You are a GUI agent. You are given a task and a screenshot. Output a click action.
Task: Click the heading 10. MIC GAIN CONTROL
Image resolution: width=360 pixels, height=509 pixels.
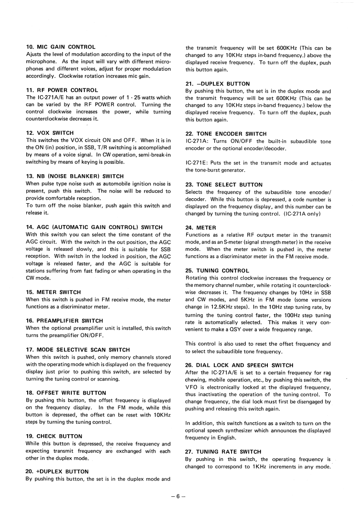click(x=61, y=47)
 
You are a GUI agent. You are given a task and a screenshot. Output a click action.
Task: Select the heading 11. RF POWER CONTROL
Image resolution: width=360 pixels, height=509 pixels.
click(x=62, y=90)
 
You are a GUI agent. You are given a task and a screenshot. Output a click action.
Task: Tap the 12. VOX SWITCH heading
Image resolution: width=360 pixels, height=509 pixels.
click(x=49, y=133)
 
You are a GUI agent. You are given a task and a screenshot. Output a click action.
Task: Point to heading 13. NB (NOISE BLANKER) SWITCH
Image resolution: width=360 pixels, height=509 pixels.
click(x=74, y=176)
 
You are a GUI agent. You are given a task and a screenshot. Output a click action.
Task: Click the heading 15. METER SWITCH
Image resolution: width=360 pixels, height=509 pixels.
click(x=54, y=292)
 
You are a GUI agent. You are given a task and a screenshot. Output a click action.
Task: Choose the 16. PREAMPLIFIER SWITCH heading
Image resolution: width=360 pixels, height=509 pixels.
click(x=64, y=321)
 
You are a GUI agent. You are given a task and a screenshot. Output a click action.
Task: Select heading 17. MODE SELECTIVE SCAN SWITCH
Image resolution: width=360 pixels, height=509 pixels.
click(x=78, y=349)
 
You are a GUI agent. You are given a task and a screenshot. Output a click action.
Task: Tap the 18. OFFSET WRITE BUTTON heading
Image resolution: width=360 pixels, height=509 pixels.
click(x=66, y=392)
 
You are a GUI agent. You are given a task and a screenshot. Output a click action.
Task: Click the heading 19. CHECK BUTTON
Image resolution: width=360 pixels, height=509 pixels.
click(x=54, y=436)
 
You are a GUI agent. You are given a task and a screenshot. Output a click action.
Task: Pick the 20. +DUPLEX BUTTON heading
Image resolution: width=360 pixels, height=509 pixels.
click(x=57, y=471)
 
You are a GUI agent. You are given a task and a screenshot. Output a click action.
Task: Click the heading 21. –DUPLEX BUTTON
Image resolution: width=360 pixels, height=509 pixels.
click(x=217, y=83)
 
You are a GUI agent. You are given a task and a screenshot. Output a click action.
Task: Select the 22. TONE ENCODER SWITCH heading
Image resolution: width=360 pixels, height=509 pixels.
click(x=226, y=134)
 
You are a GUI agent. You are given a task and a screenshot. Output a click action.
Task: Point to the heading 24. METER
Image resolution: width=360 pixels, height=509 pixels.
click(x=201, y=227)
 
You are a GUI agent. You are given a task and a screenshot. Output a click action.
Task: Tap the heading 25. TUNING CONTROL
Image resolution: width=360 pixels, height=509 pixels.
click(x=217, y=270)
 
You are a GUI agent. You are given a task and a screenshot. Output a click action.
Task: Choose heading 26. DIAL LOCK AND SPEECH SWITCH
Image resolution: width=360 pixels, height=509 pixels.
click(x=239, y=365)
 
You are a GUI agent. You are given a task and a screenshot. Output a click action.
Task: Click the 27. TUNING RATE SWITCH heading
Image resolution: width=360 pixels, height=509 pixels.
click(x=223, y=451)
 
